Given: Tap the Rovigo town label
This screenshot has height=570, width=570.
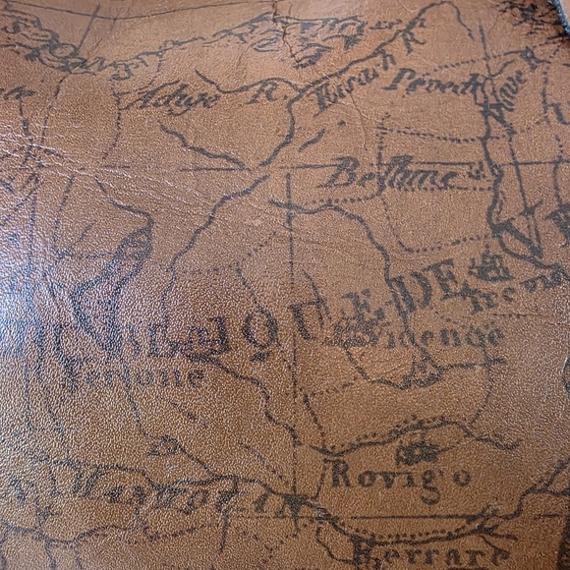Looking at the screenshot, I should click(x=399, y=478).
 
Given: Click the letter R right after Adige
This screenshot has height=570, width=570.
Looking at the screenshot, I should click(x=262, y=93).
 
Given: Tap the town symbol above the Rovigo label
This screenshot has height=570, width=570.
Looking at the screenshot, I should click(x=418, y=451).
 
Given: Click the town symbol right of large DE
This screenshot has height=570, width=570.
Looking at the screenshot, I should click(x=490, y=267).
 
